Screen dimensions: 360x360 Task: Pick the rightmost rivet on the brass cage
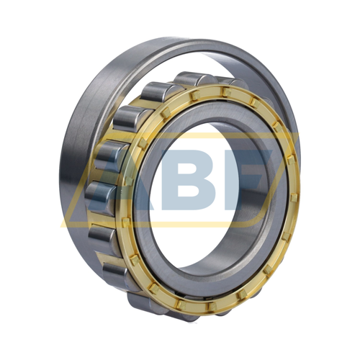point(294,197)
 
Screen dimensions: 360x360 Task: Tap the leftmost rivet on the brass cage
point(126,222)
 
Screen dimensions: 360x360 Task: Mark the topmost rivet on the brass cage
point(226,92)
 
